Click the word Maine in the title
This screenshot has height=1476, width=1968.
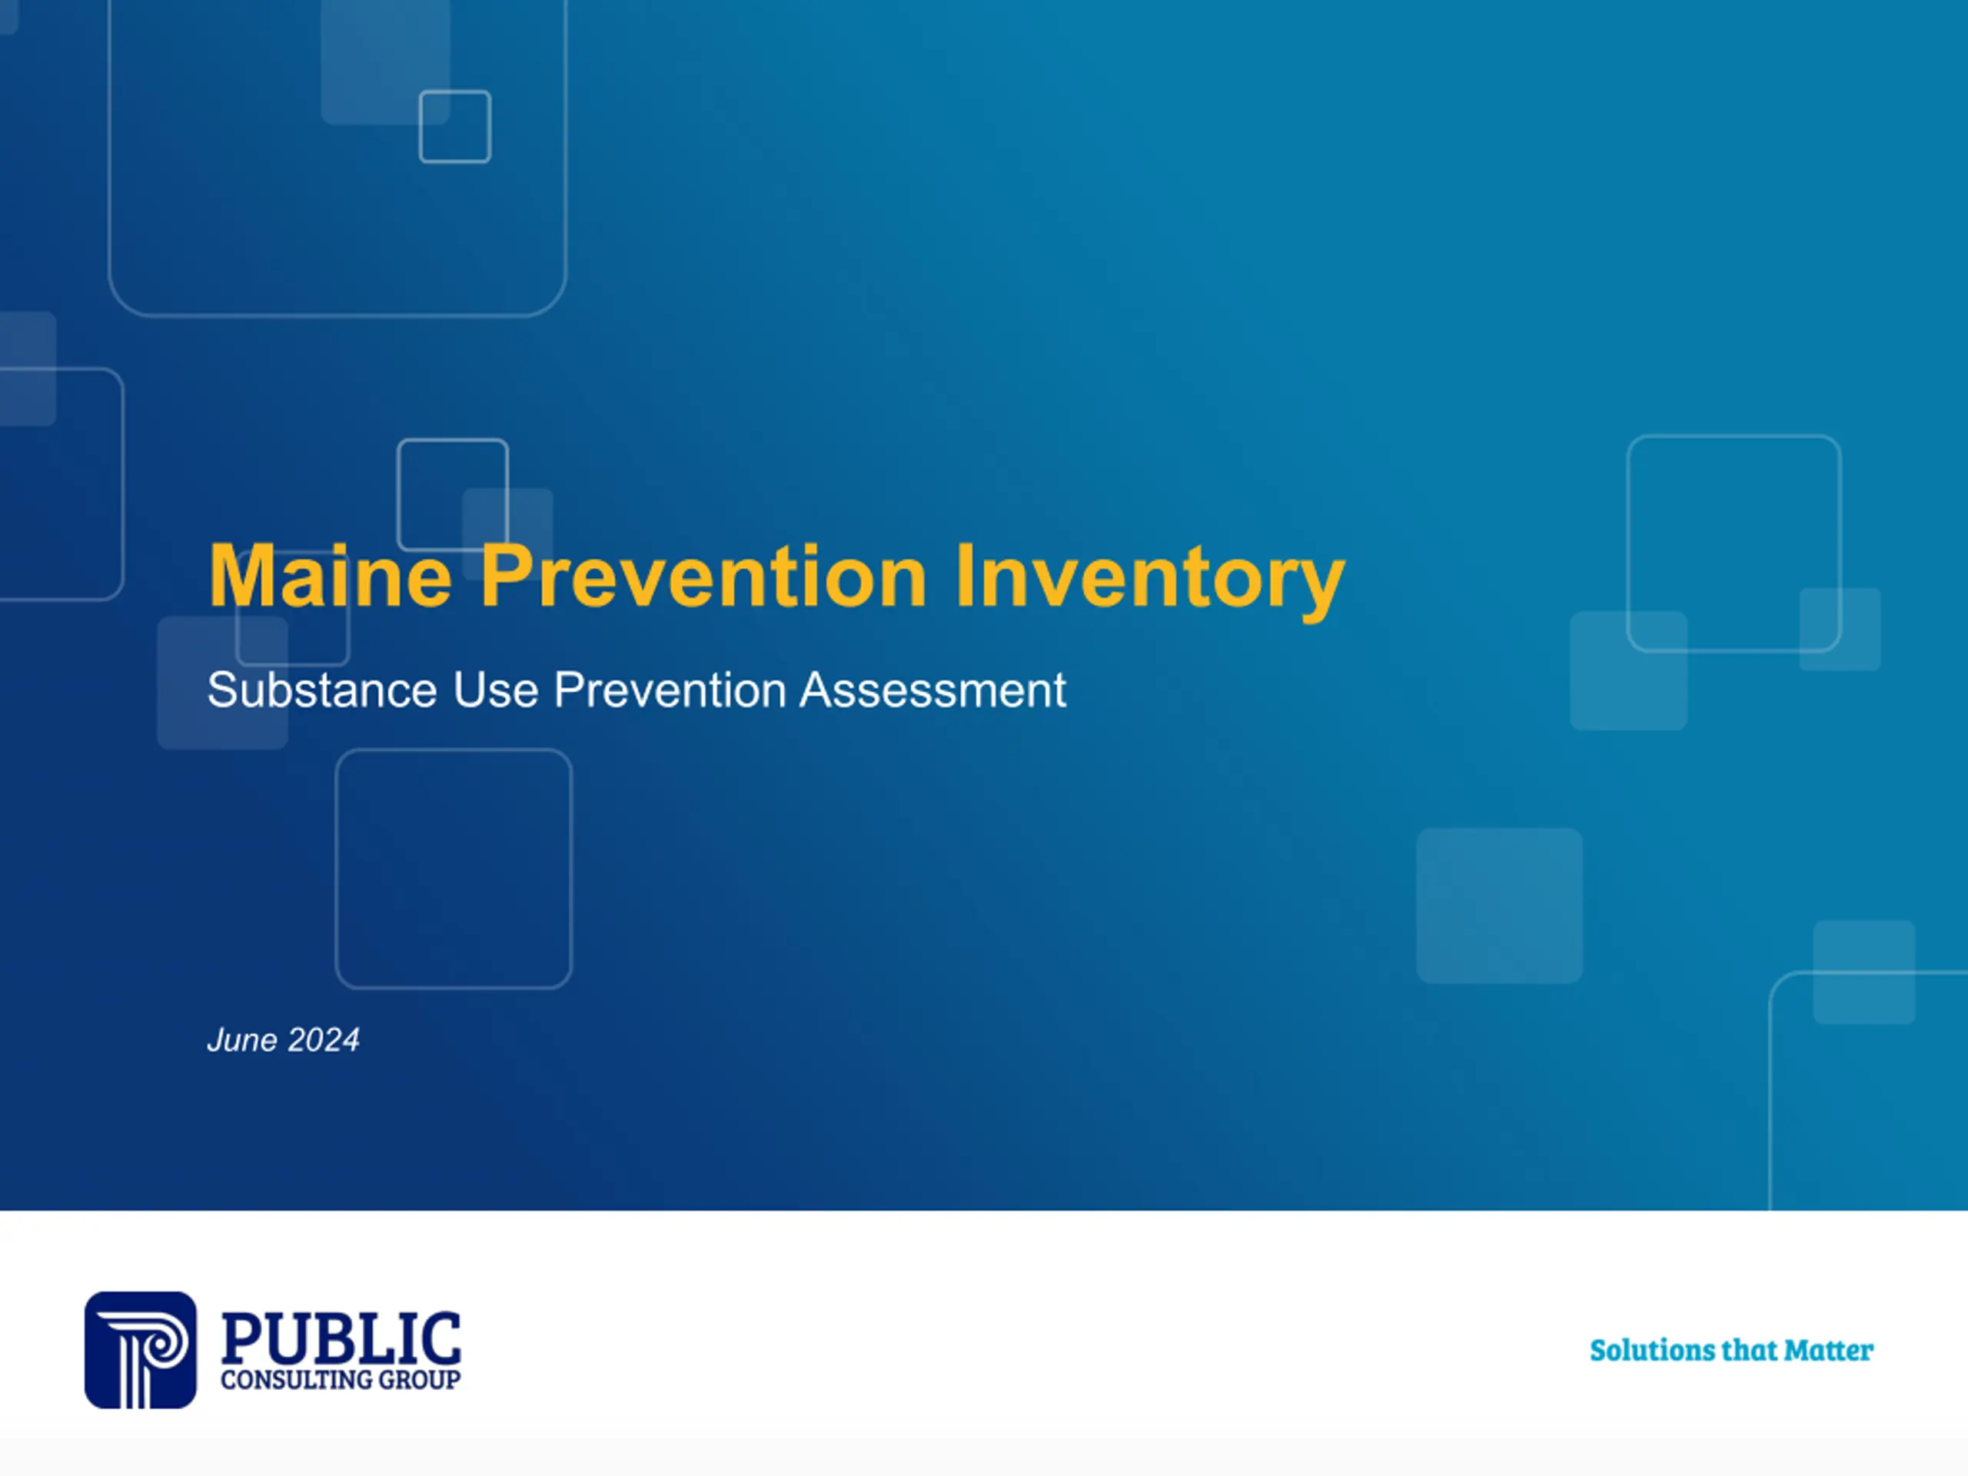click(x=330, y=577)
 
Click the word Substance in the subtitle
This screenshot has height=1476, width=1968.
click(x=322, y=690)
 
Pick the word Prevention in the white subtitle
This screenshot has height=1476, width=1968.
click(x=670, y=690)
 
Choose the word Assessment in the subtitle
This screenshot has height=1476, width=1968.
click(x=932, y=690)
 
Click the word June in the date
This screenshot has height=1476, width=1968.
click(x=242, y=1040)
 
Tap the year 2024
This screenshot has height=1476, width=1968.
click(x=323, y=1040)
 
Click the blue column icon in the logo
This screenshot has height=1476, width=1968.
click(x=141, y=1350)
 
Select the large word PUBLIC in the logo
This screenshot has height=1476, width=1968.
click(x=341, y=1338)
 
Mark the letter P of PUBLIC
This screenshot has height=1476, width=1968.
click(x=242, y=1338)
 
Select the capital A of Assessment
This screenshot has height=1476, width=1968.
click(x=816, y=690)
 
